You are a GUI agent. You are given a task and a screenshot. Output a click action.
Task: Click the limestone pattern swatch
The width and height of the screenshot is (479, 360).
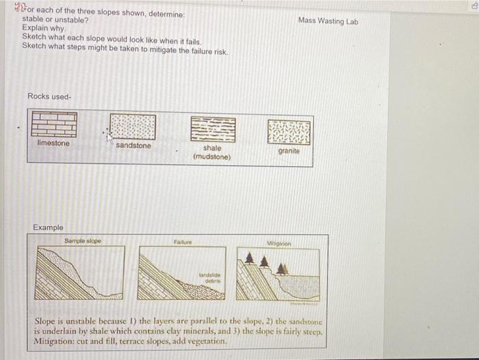53,126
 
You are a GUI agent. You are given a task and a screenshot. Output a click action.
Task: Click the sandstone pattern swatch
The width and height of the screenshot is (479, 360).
133,127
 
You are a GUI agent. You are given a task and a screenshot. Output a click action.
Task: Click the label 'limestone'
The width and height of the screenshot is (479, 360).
53,143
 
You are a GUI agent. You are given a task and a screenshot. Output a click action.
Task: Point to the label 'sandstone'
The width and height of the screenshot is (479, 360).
133,146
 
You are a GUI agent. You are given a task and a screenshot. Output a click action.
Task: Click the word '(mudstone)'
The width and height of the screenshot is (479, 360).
212,157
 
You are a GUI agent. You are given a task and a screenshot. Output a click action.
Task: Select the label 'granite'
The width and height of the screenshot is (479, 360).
289,151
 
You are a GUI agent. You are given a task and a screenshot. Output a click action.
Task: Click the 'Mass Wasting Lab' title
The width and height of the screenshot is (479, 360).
328,21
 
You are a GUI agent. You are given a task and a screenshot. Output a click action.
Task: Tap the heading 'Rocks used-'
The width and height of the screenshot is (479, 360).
49,96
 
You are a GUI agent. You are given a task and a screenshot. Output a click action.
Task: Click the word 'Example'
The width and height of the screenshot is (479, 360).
48,227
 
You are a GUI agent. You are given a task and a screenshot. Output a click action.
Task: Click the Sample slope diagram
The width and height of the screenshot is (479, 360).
80,272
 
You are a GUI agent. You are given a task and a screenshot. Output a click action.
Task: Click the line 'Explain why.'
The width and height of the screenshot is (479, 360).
44,28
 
